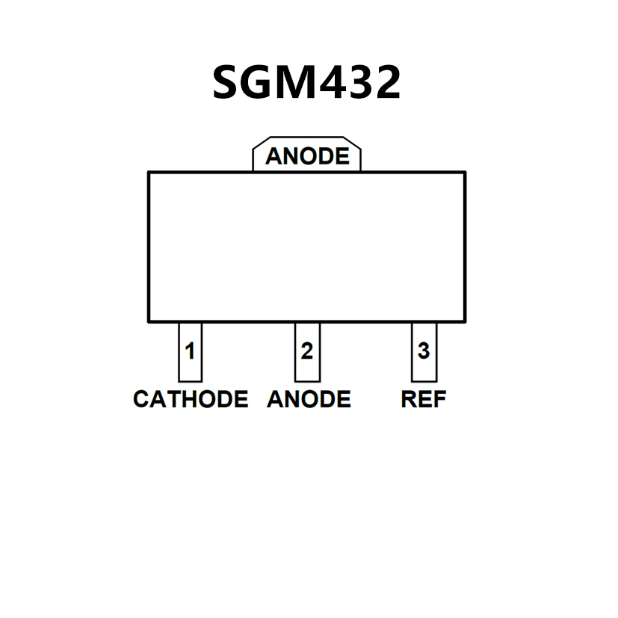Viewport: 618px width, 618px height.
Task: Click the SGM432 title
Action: pyautogui.click(x=306, y=81)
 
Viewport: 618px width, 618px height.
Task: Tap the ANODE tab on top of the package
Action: pyautogui.click(x=306, y=156)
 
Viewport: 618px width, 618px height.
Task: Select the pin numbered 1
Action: pyautogui.click(x=190, y=350)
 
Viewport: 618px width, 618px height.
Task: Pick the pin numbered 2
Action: pyautogui.click(x=307, y=350)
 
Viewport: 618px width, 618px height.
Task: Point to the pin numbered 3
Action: pyautogui.click(x=424, y=350)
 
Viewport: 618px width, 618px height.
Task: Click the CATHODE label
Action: pyautogui.click(x=191, y=399)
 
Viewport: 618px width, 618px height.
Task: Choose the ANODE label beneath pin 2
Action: pyautogui.click(x=309, y=399)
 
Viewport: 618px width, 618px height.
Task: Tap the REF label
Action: pyautogui.click(x=424, y=399)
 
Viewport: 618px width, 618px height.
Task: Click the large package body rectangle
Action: pyautogui.click(x=306, y=247)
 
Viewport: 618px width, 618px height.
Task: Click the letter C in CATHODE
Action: pyautogui.click(x=141, y=399)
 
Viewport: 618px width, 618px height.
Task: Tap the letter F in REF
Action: pyautogui.click(x=439, y=399)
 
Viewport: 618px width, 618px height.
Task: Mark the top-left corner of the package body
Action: pyautogui.click(x=149, y=173)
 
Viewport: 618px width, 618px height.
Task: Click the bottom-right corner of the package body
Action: pyautogui.click(x=465, y=321)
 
